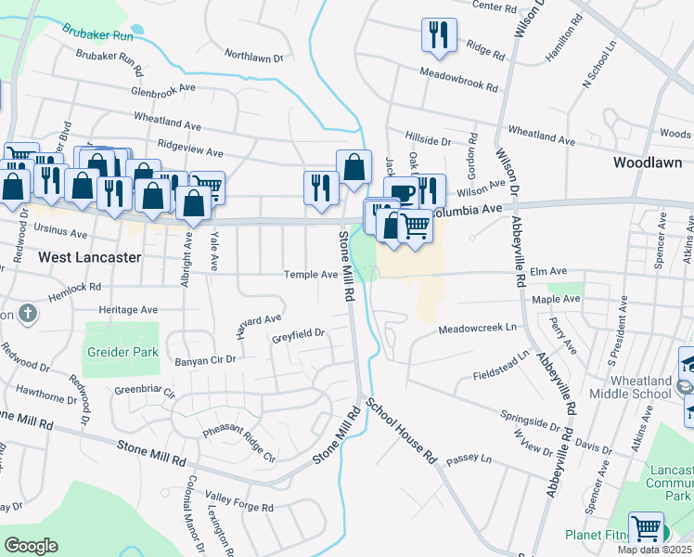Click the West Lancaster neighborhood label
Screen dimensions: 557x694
[89, 256]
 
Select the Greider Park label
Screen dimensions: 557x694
[122, 353]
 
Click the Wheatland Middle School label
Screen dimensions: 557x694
[640, 387]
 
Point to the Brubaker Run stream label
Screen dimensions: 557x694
[98, 32]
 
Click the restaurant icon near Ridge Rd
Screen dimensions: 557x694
[438, 34]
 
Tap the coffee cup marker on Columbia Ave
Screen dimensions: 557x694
[401, 192]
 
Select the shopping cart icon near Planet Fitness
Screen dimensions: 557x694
[647, 527]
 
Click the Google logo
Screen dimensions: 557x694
[31, 546]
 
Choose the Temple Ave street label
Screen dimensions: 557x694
[311, 275]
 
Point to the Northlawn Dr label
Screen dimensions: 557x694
[253, 57]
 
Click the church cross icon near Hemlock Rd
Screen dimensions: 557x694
[28, 313]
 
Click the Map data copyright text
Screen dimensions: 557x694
[654, 551]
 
